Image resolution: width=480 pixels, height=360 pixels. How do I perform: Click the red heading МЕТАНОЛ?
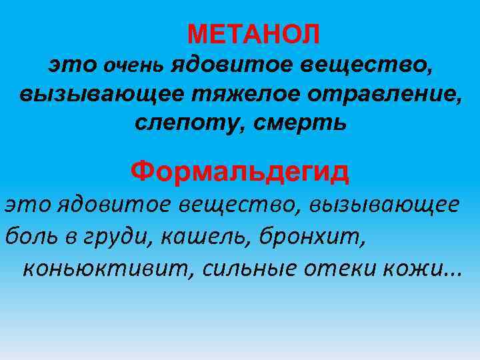(x=253, y=32)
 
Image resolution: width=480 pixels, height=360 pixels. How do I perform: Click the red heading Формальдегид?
(x=240, y=173)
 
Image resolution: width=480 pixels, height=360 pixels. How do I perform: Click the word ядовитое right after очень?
(x=226, y=65)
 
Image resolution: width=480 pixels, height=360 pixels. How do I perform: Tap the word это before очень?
(x=73, y=65)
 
